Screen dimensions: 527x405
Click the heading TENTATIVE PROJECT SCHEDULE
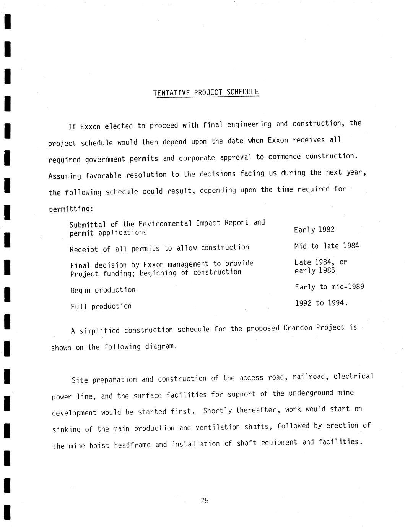[206, 92]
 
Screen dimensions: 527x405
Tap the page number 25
[204, 501]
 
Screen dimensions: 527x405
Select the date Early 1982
[314, 230]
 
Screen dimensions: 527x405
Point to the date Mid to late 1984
[327, 246]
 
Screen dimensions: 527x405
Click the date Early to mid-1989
[329, 287]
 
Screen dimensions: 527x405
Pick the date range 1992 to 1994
[321, 303]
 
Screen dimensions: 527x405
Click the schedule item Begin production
[103, 290]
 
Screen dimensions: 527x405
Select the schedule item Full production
[101, 306]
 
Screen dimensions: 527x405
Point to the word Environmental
[165, 224]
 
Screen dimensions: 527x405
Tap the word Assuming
[65, 176]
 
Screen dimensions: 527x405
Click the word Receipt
[84, 249]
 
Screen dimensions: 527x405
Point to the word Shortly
[217, 411]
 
